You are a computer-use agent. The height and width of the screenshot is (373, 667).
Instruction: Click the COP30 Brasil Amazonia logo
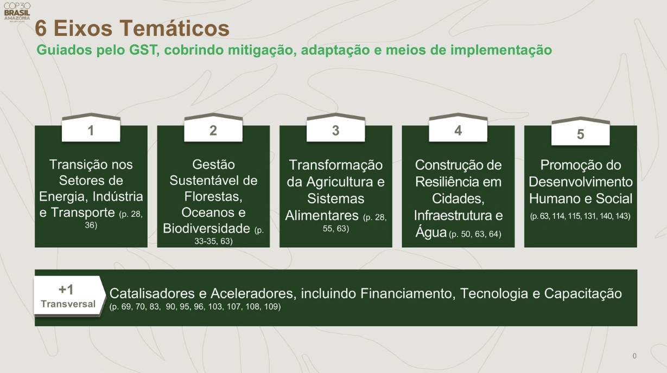coord(17,12)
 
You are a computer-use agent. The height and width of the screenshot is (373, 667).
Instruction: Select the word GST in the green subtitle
coord(143,50)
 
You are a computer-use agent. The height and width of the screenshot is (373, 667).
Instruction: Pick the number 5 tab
coord(580,132)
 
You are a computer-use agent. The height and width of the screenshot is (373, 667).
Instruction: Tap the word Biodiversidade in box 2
coord(206,228)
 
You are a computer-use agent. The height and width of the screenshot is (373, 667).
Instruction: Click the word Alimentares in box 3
coord(322,215)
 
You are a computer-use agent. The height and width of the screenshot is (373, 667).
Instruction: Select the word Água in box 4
coord(431,233)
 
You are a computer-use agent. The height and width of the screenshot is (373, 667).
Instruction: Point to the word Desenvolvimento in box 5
coord(581,182)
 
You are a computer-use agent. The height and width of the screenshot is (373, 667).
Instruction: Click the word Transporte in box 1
coord(82,213)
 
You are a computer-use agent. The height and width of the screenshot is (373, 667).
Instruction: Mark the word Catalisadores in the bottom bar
coord(152,294)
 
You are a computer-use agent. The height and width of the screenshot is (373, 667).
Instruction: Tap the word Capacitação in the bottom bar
coord(583,294)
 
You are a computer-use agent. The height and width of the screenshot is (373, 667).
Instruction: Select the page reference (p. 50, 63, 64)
coord(475,234)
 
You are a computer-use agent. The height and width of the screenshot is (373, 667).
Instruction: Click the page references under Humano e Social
coord(580,216)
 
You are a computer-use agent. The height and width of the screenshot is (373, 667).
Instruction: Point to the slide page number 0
coord(634,356)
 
